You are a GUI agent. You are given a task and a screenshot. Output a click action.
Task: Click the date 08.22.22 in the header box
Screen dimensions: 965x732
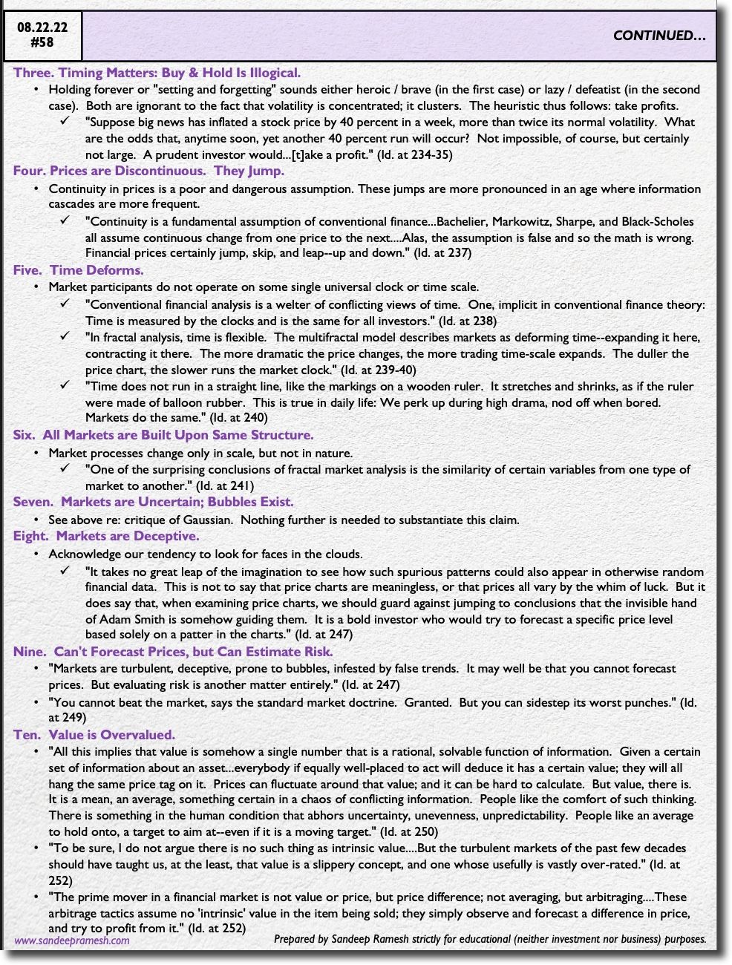[42, 28]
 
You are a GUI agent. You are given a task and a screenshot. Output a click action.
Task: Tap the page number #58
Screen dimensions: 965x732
[42, 42]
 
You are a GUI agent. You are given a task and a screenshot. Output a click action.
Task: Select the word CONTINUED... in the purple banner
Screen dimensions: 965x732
[659, 36]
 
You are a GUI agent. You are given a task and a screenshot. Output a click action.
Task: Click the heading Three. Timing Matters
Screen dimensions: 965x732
[157, 73]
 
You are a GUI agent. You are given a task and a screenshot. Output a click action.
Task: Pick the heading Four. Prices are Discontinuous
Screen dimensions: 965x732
[148, 171]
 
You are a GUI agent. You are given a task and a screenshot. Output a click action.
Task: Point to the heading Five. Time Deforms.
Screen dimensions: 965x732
[78, 270]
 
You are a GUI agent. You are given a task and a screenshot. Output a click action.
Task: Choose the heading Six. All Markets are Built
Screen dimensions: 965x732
[163, 435]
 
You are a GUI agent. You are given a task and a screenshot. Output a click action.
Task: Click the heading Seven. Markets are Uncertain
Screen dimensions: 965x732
[153, 502]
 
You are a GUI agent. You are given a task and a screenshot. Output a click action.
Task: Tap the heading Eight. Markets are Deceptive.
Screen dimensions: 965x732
[105, 536]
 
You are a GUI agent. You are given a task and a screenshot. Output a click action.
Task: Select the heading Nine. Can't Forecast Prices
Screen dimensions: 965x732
[172, 652]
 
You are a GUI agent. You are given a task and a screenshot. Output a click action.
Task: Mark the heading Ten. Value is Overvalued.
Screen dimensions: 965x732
[94, 735]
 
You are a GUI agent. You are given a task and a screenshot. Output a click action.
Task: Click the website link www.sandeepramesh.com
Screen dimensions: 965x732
[72, 940]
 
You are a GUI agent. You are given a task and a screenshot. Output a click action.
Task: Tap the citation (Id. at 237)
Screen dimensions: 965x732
[442, 252]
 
